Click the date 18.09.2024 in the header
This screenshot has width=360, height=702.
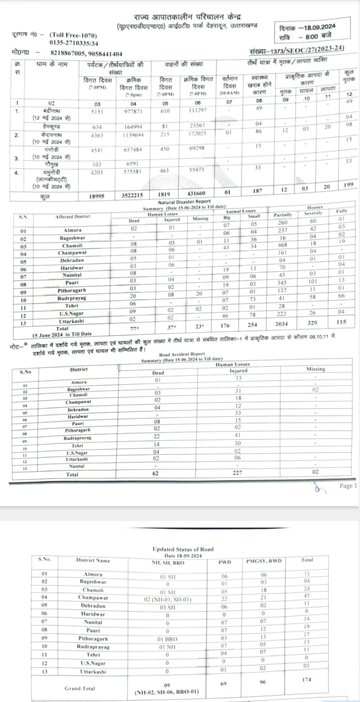point(317,27)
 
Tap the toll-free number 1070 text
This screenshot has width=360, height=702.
point(74,36)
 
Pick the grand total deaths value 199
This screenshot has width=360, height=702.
point(349,185)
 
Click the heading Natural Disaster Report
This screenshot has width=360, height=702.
point(184,202)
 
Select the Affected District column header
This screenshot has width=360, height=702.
point(72,217)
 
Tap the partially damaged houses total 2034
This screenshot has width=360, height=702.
point(282,324)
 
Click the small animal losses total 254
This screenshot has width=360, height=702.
point(253,325)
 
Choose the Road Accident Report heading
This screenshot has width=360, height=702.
point(182,354)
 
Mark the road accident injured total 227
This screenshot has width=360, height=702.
point(237,473)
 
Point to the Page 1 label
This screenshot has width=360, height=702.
point(348,486)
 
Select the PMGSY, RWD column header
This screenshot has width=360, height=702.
point(263,561)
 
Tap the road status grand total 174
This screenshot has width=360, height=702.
point(306,679)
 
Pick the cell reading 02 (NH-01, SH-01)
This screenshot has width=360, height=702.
point(167,599)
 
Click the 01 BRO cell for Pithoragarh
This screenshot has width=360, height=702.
point(167,639)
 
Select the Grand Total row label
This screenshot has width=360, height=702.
point(79,688)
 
